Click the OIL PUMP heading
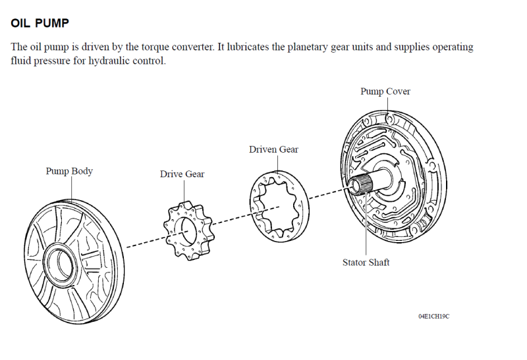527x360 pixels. tap(40, 23)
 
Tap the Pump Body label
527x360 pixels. tap(69, 171)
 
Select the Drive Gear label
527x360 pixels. tap(182, 174)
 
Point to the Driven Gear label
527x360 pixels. tap(273, 149)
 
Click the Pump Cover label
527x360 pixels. tap(385, 91)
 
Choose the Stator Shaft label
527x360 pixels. tap(366, 263)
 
